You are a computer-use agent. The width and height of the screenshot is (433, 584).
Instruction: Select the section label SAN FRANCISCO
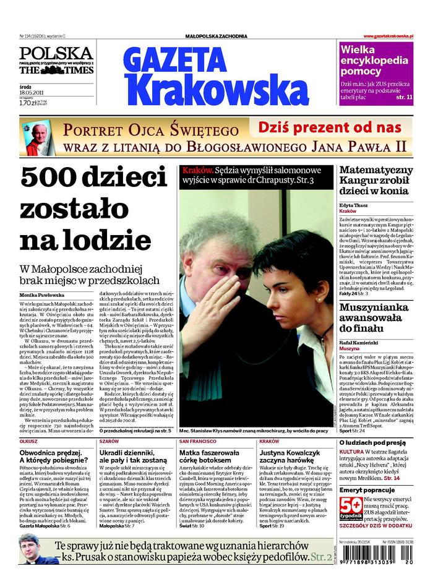[x=198, y=442]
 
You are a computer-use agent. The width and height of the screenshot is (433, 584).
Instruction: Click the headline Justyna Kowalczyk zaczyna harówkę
[x=293, y=457]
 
